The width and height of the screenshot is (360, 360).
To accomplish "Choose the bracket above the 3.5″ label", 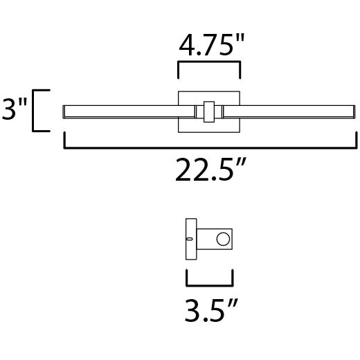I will coord(209,283).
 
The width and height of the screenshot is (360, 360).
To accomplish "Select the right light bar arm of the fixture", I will coord(291,111).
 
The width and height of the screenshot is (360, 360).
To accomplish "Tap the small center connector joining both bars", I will coord(208,111).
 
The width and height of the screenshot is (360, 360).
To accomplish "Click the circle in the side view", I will coord(223,240).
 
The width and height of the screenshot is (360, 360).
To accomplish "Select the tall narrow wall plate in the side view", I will coord(189,240).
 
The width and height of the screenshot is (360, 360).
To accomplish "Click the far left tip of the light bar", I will coord(64,111).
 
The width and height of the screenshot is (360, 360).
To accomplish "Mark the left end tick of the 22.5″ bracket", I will coord(64,141).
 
